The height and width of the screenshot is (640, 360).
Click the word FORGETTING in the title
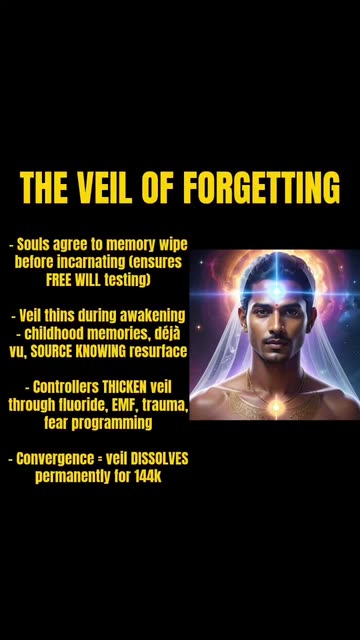(x=261, y=188)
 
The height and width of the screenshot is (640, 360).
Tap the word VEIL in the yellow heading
(x=104, y=188)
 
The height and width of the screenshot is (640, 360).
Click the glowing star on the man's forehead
(x=278, y=291)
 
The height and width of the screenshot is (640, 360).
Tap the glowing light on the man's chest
(x=277, y=406)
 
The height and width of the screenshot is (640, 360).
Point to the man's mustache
(x=276, y=340)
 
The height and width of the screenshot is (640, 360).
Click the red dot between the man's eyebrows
(x=276, y=306)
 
